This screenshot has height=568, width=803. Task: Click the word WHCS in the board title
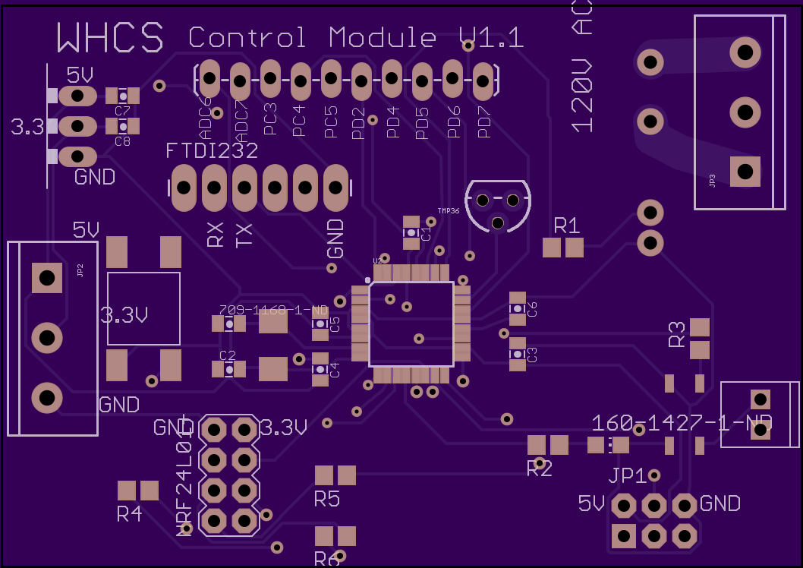111,36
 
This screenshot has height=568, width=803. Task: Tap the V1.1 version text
491,37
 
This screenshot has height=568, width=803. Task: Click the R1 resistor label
567,226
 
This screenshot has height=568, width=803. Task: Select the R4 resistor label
129,514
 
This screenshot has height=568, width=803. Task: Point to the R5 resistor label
326,499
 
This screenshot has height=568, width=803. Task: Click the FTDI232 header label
212,151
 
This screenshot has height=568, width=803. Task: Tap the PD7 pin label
484,121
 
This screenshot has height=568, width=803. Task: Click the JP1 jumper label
628,476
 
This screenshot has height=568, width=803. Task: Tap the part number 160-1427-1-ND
681,423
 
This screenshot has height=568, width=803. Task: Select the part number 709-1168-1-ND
273,310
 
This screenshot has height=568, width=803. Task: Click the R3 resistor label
676,334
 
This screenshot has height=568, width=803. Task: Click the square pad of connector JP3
745,170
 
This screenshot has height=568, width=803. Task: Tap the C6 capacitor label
532,309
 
